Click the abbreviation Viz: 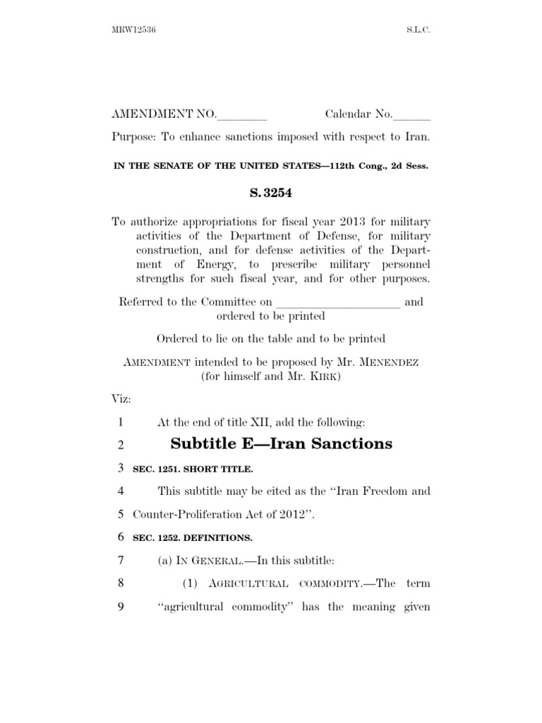coord(122,399)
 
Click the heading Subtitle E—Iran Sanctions coord(282,444)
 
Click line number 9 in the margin coord(120,607)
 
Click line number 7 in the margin coord(120,561)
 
